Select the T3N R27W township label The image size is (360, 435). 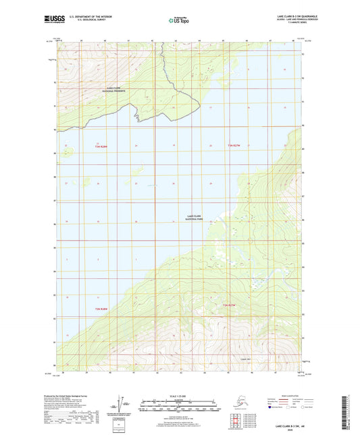coord(234,146)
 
